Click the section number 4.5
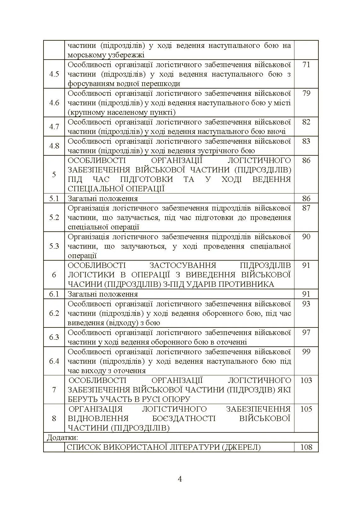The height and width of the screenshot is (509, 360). [54, 74]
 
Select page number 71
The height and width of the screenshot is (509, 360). [306, 65]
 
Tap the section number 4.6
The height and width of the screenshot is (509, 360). [54, 103]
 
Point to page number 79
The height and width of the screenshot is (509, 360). [306, 94]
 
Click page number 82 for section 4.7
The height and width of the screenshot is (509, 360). [306, 122]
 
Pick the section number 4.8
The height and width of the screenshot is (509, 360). [54, 146]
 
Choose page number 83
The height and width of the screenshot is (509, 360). [306, 142]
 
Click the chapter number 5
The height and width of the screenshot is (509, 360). [54, 175]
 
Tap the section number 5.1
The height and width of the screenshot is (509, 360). [54, 199]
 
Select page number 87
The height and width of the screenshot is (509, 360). [306, 208]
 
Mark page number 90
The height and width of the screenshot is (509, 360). [306, 237]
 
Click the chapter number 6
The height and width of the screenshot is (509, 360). [54, 275]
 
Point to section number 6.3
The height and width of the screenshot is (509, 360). [54, 337]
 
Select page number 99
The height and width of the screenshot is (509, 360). [306, 352]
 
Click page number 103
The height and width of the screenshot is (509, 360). [306, 380]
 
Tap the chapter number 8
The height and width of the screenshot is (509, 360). [54, 418]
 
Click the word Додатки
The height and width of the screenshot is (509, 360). [62, 437]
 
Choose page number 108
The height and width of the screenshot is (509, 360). [306, 447]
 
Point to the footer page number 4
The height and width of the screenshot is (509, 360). [180, 479]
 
